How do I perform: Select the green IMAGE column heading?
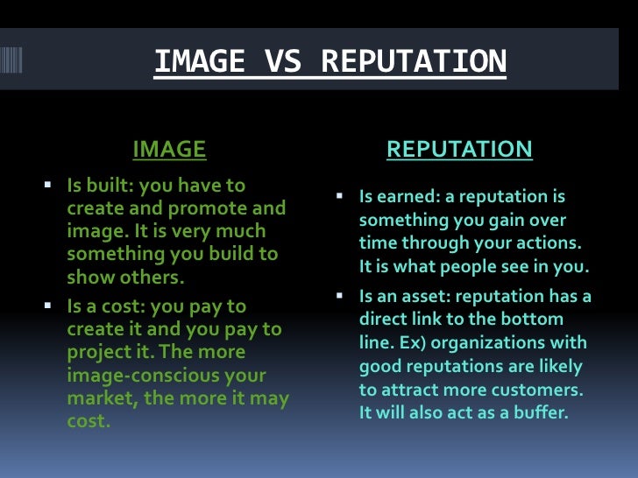[x=169, y=150]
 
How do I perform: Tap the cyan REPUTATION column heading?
[x=459, y=150]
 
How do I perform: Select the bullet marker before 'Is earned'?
[x=338, y=197]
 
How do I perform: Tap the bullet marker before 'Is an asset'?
[x=338, y=297]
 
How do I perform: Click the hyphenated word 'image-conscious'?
[x=134, y=375]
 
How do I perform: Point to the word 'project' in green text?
[x=99, y=352]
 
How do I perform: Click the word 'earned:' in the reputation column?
[x=407, y=197]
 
